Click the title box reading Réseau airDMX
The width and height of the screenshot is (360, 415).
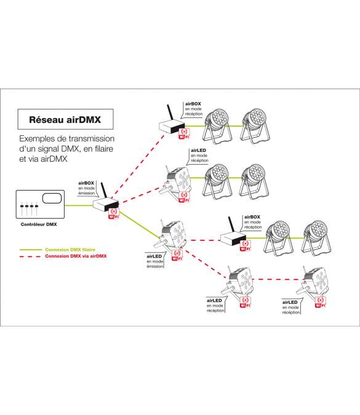click(65, 119)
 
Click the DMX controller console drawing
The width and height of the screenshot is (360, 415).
click(40, 204)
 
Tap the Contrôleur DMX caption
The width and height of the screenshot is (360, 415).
click(39, 224)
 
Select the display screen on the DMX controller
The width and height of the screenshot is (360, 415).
click(52, 198)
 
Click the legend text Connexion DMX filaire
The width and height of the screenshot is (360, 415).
click(70, 250)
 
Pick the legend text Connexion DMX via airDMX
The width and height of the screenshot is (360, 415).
click(76, 256)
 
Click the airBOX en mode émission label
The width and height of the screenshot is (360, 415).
click(86, 188)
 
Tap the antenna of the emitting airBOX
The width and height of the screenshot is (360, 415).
click(103, 190)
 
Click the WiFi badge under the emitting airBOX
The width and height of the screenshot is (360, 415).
click(114, 213)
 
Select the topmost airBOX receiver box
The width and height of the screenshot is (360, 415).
click(172, 127)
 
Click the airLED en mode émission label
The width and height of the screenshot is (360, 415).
click(155, 261)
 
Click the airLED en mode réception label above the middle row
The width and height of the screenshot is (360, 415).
click(199, 156)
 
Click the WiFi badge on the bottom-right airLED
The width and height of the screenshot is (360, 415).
click(320, 302)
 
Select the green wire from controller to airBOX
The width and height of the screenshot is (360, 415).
click(79, 205)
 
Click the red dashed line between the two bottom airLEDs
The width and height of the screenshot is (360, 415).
click(278, 279)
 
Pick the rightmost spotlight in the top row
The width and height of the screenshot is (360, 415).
click(255, 125)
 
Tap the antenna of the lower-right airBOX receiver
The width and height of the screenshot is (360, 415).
click(231, 224)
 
